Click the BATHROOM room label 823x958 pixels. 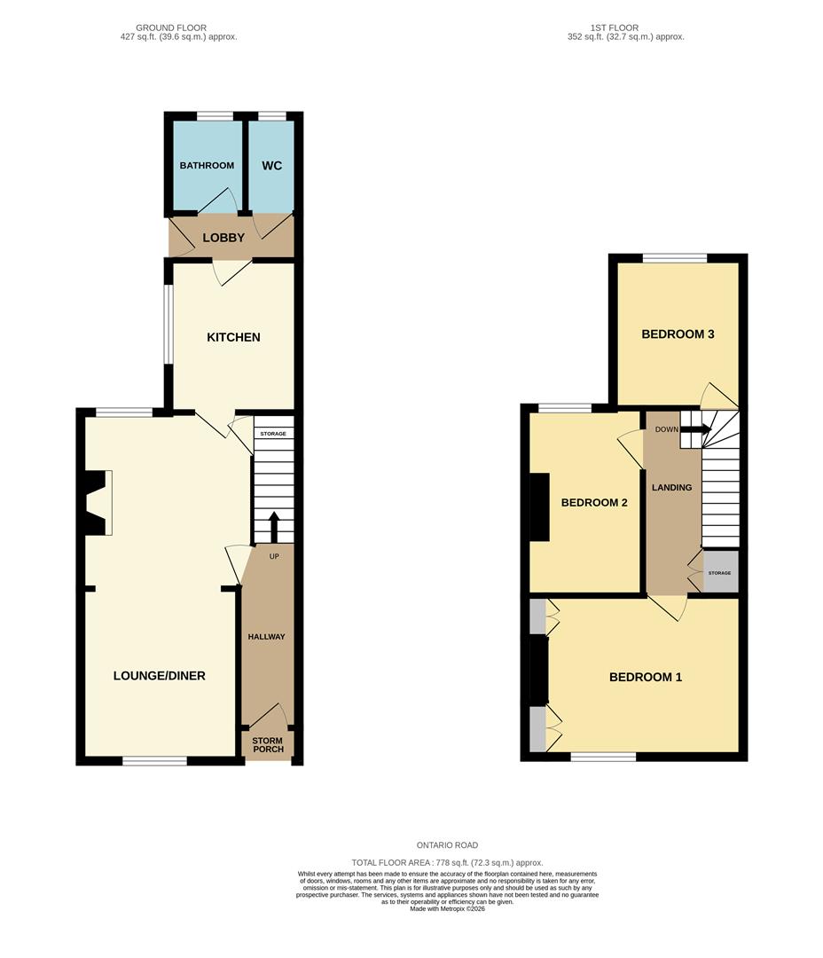pyautogui.click(x=207, y=166)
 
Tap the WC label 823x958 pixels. pyautogui.click(x=272, y=166)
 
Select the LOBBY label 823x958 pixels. pyautogui.click(x=223, y=238)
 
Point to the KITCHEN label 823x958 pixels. pyautogui.click(x=233, y=337)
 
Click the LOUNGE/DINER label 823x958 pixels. pyautogui.click(x=160, y=676)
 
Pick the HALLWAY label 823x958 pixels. pyautogui.click(x=266, y=637)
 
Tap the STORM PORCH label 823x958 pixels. pyautogui.click(x=268, y=745)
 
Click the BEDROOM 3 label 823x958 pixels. pyautogui.click(x=678, y=334)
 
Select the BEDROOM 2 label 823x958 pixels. pyautogui.click(x=594, y=503)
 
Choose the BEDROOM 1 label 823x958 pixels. pyautogui.click(x=646, y=677)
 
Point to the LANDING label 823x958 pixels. pyautogui.click(x=672, y=488)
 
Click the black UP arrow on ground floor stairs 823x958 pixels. pyautogui.click(x=274, y=527)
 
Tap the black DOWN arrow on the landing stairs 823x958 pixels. pyautogui.click(x=695, y=429)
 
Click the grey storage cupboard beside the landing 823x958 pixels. pyautogui.click(x=720, y=572)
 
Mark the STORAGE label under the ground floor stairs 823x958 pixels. pyautogui.click(x=273, y=434)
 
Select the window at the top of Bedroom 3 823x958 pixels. pyautogui.click(x=675, y=258)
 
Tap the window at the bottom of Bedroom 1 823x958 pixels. pyautogui.click(x=604, y=757)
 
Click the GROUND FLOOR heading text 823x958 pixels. pyautogui.click(x=171, y=27)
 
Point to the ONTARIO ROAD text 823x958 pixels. pyautogui.click(x=447, y=845)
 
